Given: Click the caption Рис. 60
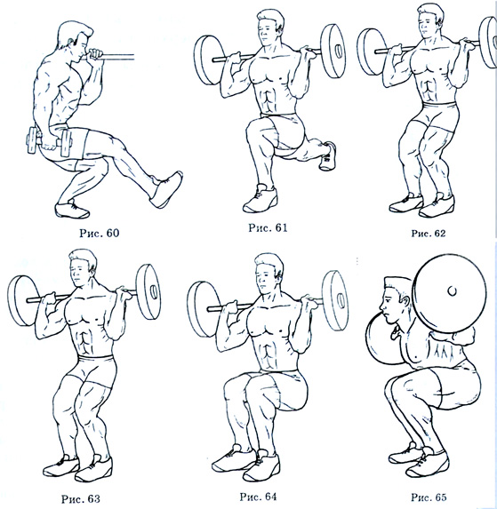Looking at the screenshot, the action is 100,233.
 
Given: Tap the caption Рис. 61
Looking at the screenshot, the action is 268,228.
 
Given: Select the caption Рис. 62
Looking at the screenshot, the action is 429,234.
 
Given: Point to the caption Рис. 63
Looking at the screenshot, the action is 81,498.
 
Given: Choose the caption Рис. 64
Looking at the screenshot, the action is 258,497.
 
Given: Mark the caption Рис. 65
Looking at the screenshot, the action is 429,497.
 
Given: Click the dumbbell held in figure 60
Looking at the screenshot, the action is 50,141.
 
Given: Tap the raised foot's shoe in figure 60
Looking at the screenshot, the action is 166,189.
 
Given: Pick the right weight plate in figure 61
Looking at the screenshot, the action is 333,51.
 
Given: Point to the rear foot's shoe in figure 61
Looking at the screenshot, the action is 328,155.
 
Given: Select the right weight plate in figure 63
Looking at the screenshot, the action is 148,292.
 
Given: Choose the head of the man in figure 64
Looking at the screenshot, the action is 269,273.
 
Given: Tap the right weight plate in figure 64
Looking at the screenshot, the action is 335,300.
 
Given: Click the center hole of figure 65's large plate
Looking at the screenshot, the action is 452,290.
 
